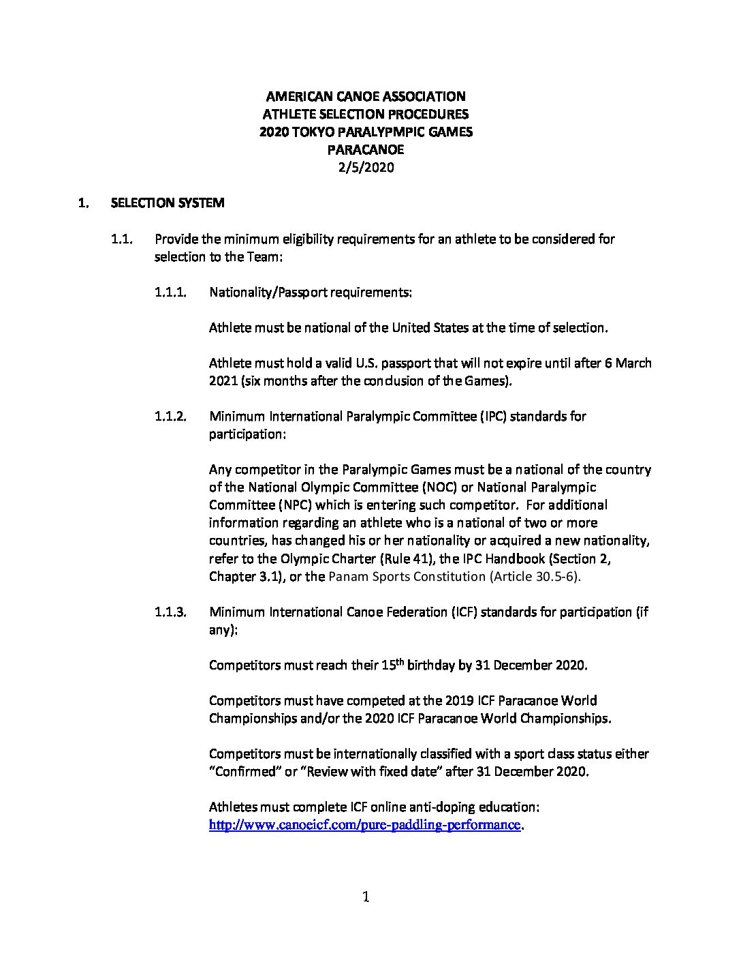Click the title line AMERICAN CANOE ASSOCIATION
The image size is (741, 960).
coord(365,96)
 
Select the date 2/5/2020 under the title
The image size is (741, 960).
coord(365,167)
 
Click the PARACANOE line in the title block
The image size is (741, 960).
coord(365,149)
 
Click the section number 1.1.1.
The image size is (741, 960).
coord(170,292)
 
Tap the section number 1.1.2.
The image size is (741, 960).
coord(170,417)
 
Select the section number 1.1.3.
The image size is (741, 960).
coord(170,612)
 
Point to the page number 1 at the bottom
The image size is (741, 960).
coord(366,897)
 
